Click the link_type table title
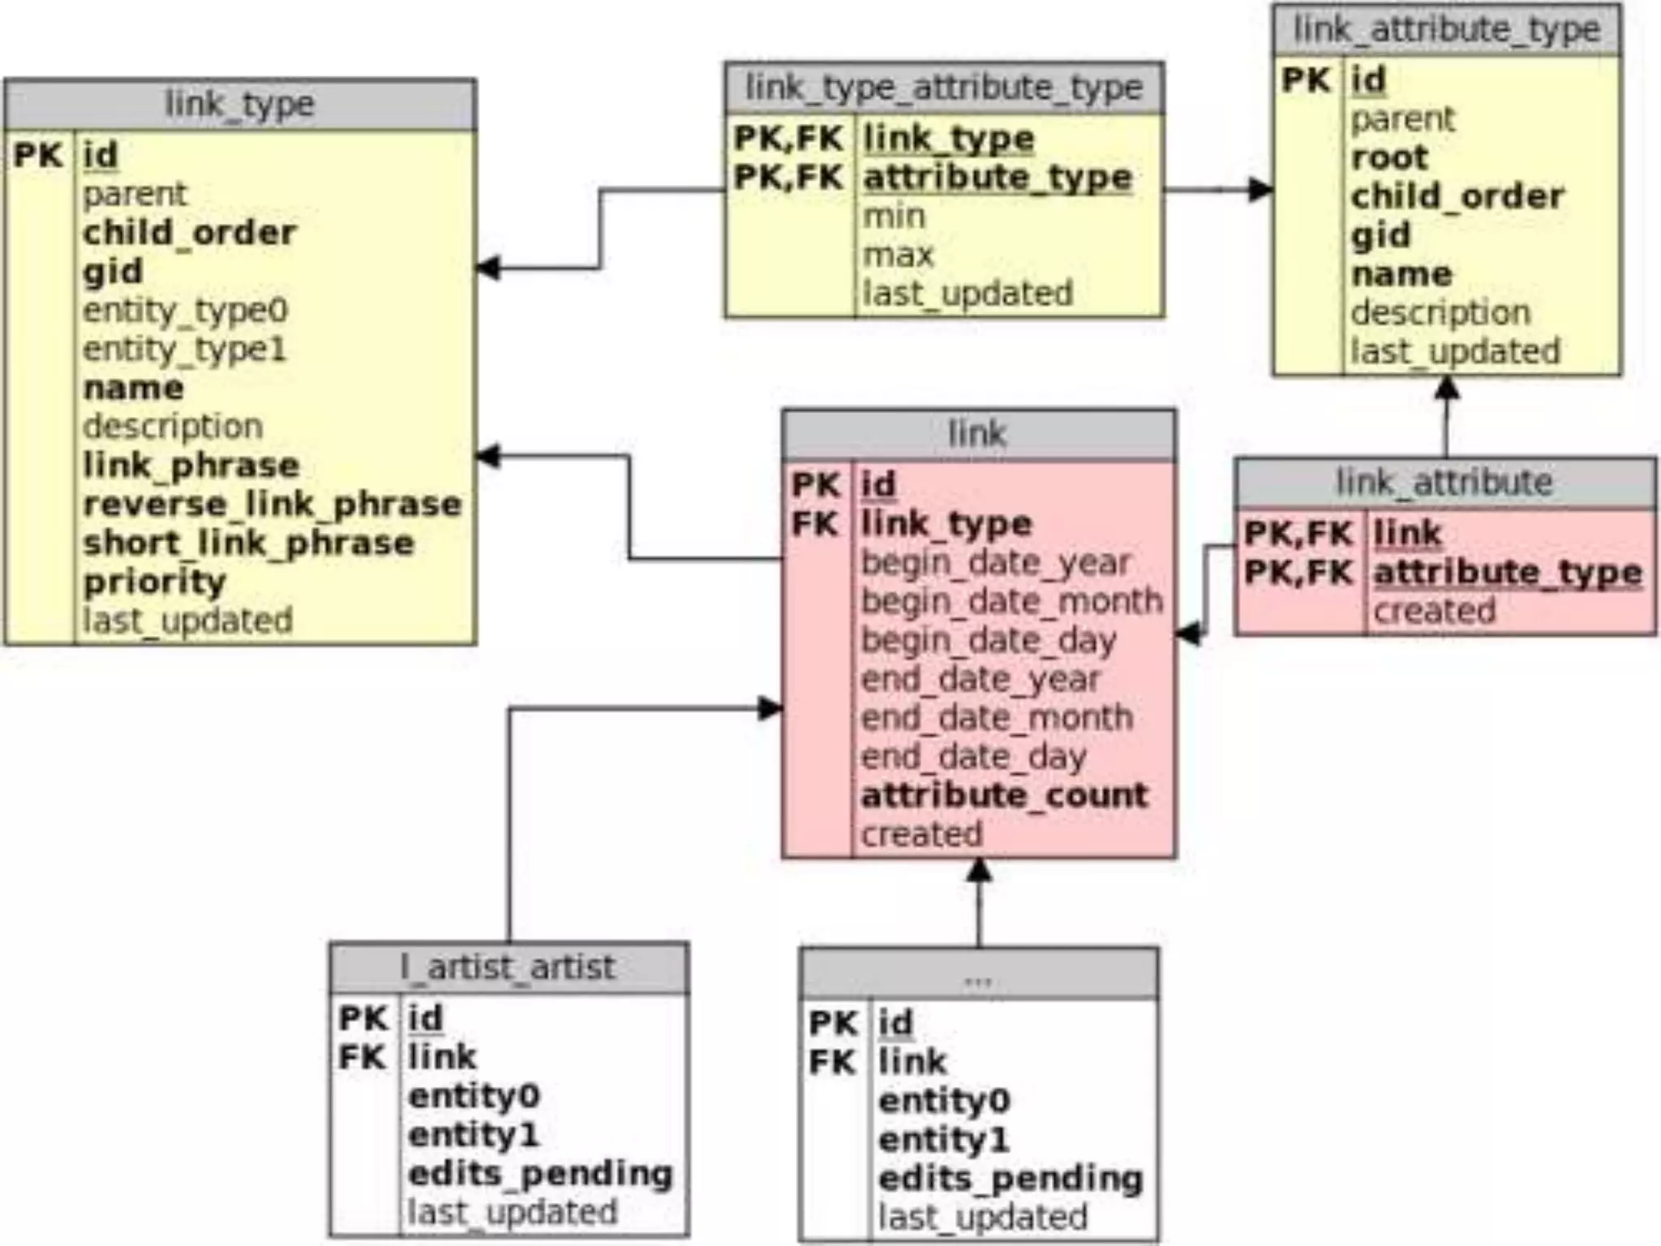point(239,105)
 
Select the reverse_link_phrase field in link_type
point(273,505)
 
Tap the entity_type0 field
point(186,311)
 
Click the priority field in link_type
point(154,582)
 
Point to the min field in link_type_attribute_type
point(894,217)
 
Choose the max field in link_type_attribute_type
point(898,256)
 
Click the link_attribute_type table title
point(1446,30)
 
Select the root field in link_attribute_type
point(1389,157)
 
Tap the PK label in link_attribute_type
point(1306,80)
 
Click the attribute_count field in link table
point(1004,796)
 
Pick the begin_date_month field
point(1011,602)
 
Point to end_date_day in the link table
point(973,757)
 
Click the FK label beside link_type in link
point(814,524)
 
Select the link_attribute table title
point(1444,483)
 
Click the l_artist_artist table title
point(509,968)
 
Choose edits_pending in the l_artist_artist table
point(540,1174)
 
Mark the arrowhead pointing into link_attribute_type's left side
point(1260,190)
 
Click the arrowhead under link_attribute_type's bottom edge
point(1446,388)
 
